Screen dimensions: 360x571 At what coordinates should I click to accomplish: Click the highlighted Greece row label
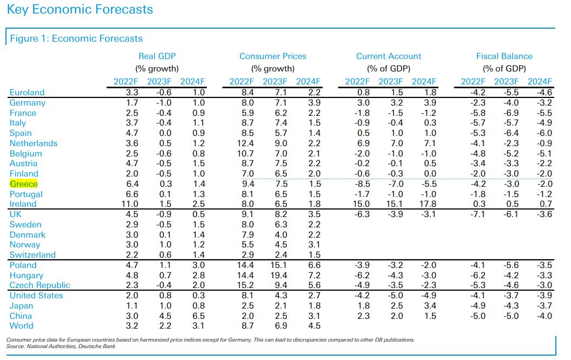[23, 184]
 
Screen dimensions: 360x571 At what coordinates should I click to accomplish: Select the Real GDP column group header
[157, 56]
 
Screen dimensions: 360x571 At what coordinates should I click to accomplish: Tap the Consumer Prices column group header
[273, 56]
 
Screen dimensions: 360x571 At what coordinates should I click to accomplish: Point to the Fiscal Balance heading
[504, 56]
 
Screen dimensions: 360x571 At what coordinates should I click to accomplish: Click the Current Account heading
[389, 56]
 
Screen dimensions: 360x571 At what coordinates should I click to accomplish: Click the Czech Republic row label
[40, 285]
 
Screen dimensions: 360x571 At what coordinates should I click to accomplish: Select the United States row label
[36, 296]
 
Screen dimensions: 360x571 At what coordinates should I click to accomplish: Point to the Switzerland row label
[32, 255]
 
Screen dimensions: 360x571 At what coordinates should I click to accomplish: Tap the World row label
[21, 326]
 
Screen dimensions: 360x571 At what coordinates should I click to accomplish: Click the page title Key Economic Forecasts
[80, 10]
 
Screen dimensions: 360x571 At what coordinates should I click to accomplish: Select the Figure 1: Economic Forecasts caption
[76, 38]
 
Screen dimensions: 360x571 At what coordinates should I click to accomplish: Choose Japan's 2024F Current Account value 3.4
[428, 306]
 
